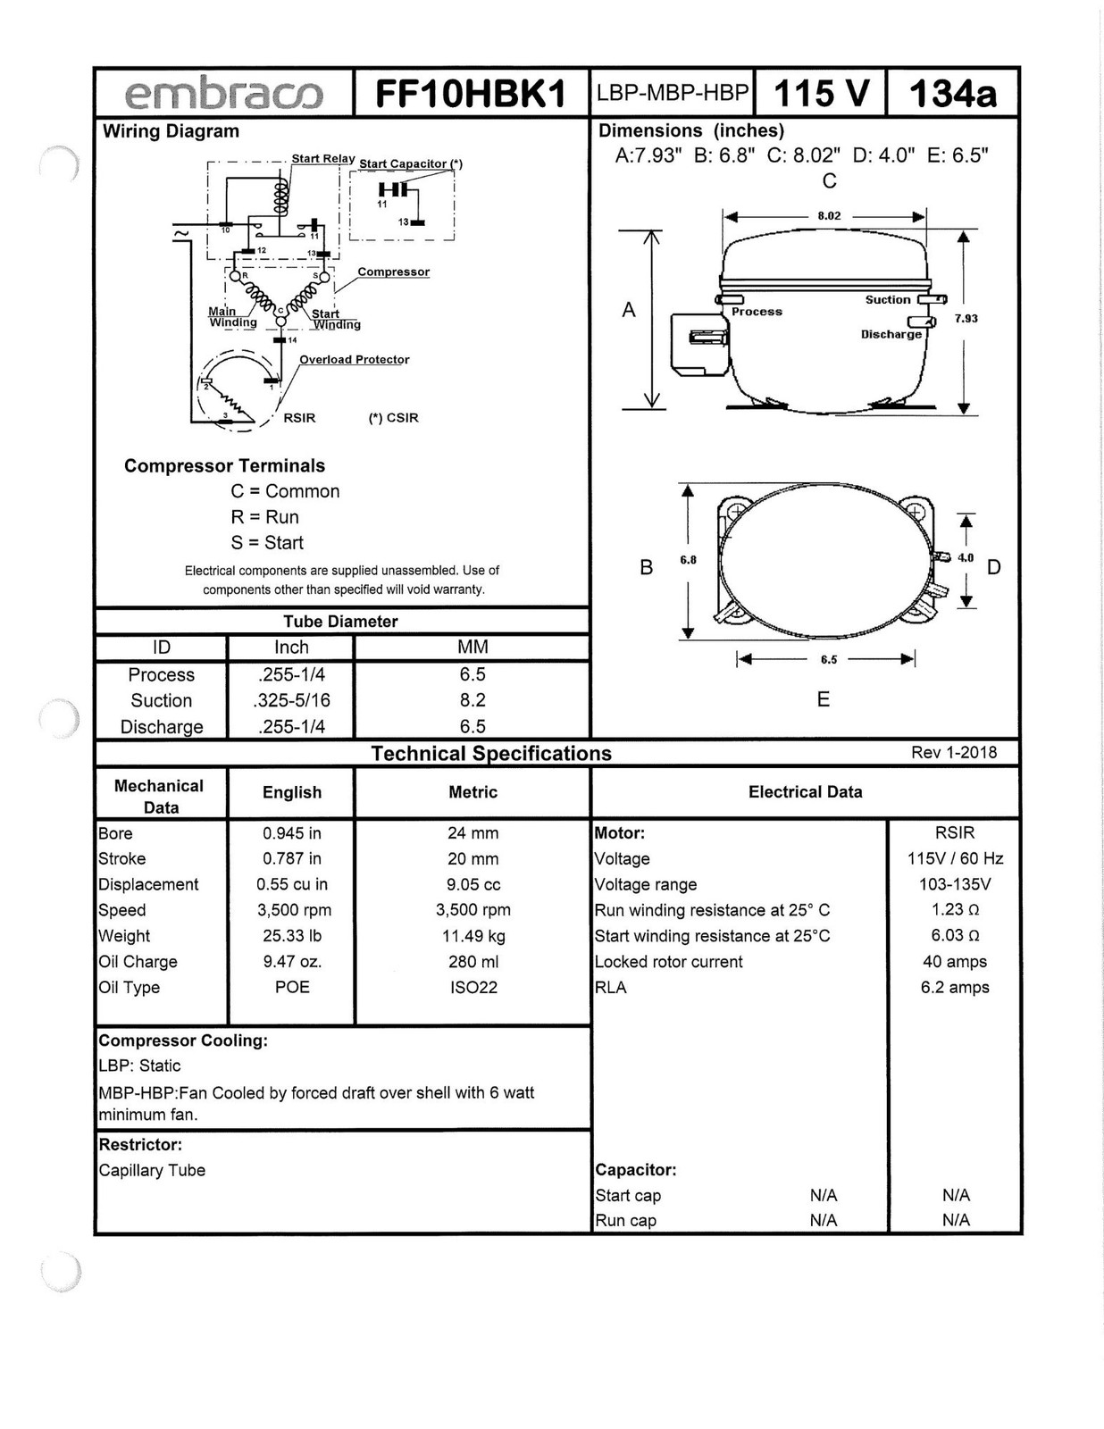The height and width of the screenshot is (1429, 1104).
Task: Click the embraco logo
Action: click(x=223, y=94)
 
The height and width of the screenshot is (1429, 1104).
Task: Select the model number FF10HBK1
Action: click(x=471, y=94)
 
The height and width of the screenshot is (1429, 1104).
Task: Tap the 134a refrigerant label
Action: click(x=953, y=93)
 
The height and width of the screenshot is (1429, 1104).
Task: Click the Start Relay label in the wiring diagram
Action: click(x=322, y=158)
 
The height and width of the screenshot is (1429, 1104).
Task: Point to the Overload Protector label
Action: click(x=355, y=360)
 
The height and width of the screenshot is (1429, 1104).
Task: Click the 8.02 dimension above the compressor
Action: click(x=829, y=216)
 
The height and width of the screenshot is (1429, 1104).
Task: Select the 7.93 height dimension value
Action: click(x=966, y=318)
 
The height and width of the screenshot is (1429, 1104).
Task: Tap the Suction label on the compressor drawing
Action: click(x=888, y=299)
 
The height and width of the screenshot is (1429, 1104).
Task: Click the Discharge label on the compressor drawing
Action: click(x=891, y=334)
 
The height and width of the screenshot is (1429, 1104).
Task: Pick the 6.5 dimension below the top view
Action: click(x=829, y=659)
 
